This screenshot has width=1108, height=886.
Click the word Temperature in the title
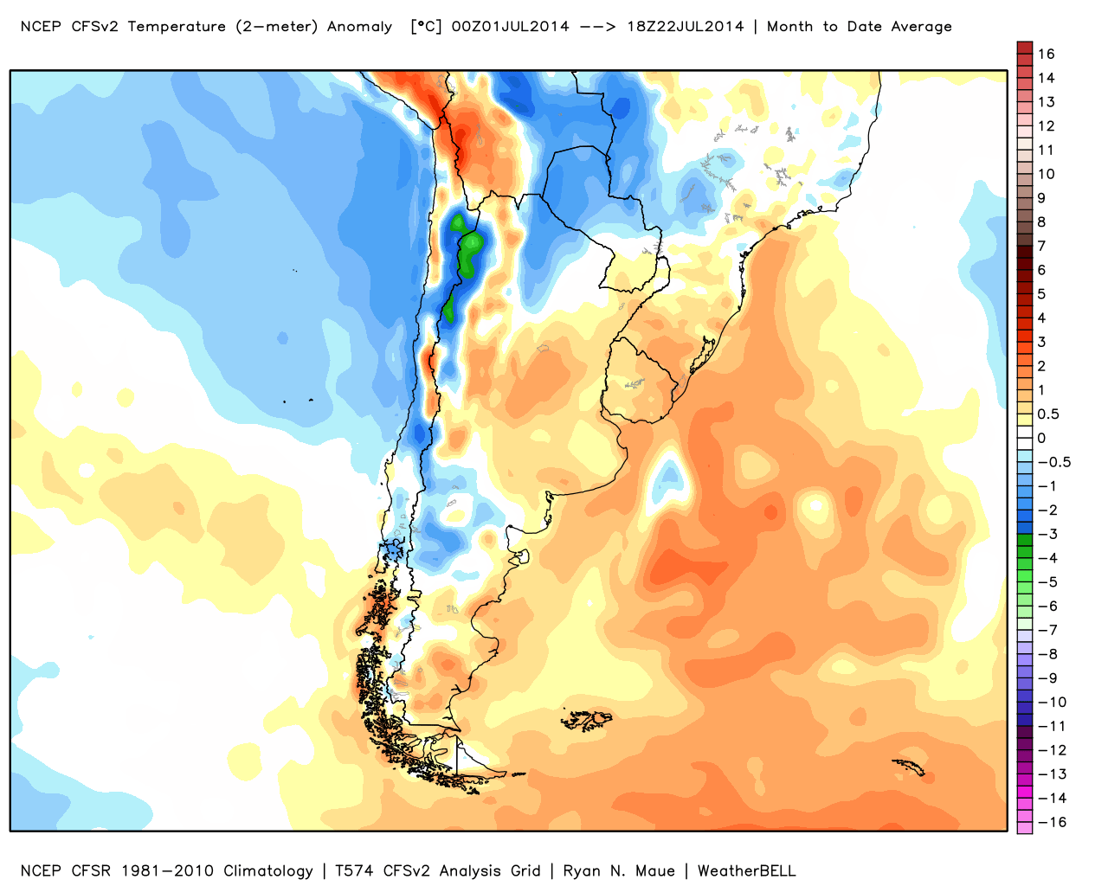pyautogui.click(x=177, y=27)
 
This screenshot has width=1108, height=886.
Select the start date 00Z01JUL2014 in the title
pyautogui.click(x=511, y=27)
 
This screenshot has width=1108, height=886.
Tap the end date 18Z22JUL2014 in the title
pyautogui.click(x=686, y=27)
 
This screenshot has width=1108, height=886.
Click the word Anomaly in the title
pyautogui.click(x=359, y=27)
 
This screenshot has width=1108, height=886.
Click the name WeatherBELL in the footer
pyautogui.click(x=746, y=871)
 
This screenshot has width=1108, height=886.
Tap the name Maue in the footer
pyautogui.click(x=655, y=871)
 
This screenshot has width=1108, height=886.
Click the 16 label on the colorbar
pyautogui.click(x=1047, y=54)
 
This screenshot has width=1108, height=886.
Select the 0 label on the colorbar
pyautogui.click(x=1041, y=438)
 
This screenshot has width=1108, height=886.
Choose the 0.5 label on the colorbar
pyautogui.click(x=1048, y=414)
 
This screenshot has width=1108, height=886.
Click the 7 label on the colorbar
pyautogui.click(x=1041, y=246)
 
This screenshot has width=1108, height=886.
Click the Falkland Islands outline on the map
pyautogui.click(x=587, y=720)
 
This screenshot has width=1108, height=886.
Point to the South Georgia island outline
pyautogui.click(x=908, y=767)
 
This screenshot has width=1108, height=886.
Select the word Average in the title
pyautogui.click(x=921, y=27)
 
